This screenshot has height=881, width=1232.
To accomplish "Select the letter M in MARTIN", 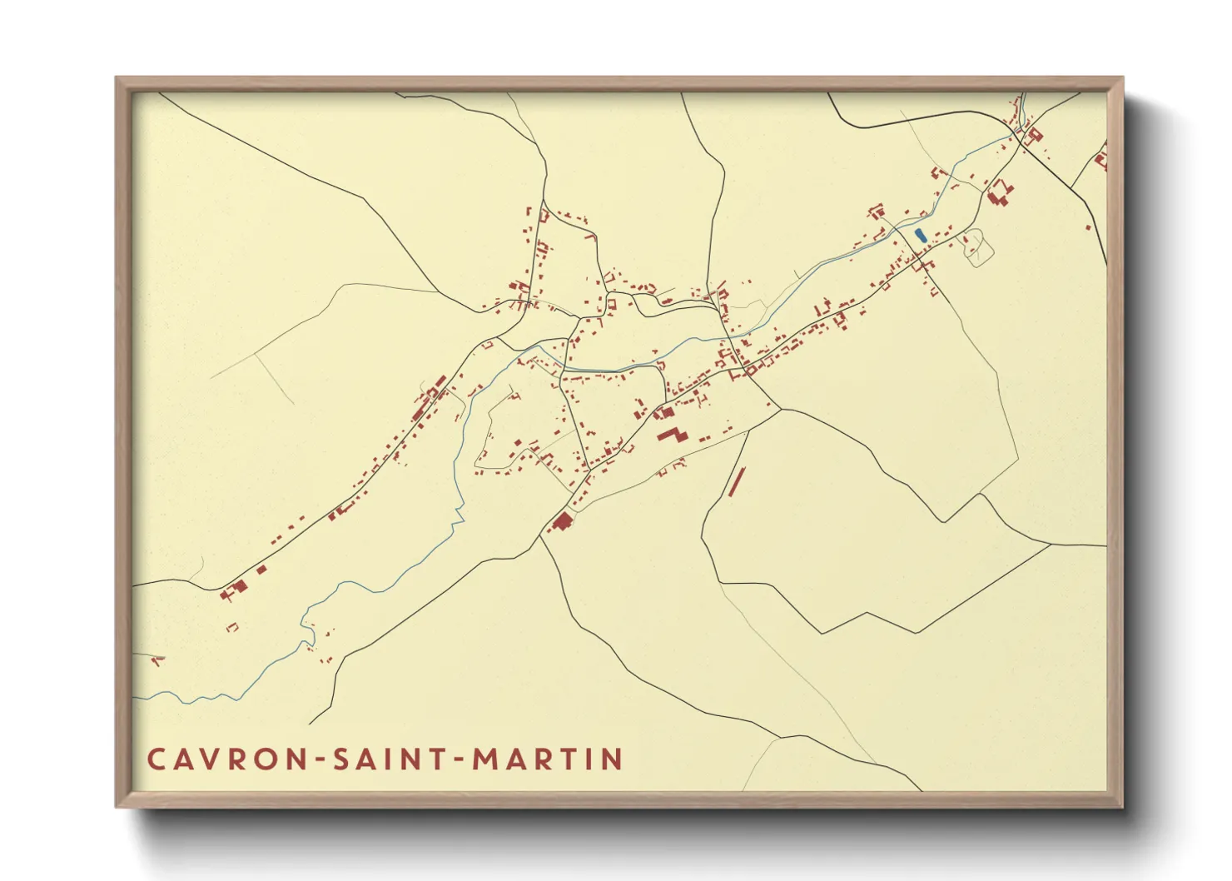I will [486, 759].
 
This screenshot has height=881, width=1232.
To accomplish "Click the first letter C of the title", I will [156, 759].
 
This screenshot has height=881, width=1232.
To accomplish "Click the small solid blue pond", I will [920, 236].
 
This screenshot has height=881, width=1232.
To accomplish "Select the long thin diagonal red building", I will [736, 481].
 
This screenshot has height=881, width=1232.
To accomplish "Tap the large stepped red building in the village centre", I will [673, 435].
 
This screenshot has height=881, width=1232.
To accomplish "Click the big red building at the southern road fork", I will [562, 522].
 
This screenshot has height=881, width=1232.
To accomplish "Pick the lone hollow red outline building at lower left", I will [233, 627].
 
